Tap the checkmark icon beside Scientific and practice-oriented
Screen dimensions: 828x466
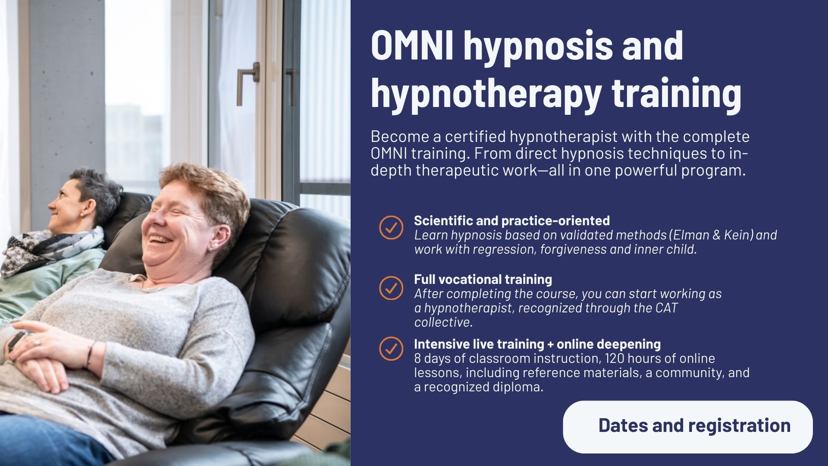tap(391, 227)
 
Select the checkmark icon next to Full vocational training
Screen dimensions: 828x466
tap(391, 288)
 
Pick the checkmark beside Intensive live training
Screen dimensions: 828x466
tap(391, 348)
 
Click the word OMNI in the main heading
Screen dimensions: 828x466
tap(412, 46)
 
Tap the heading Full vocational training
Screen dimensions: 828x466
tap(483, 280)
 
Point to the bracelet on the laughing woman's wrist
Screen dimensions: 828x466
tap(90, 354)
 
